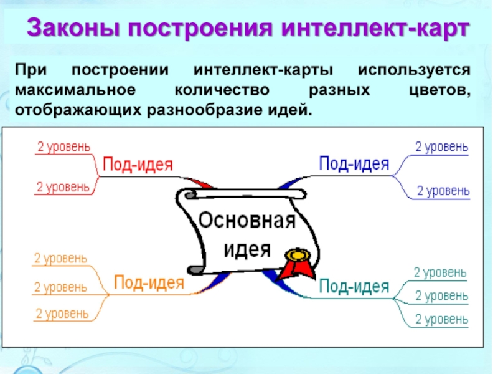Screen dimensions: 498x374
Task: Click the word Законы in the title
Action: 73,27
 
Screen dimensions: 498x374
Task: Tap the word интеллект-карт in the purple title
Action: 375,27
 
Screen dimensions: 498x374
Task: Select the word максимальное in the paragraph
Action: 75,90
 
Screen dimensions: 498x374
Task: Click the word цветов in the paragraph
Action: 439,90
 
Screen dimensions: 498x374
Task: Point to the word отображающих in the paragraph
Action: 78,110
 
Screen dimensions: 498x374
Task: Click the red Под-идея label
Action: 138,165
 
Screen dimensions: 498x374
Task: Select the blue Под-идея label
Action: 354,164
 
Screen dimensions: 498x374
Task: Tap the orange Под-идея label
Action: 149,282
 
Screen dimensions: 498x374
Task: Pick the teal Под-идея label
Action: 354,286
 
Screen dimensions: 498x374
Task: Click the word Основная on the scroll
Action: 247,220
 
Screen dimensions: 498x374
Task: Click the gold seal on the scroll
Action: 298,255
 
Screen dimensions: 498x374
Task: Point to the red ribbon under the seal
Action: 295,271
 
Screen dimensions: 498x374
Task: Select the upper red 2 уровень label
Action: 64,147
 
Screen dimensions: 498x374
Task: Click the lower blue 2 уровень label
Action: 443,191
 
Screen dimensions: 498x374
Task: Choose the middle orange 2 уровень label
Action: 60,287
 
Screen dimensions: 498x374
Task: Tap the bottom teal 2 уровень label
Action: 441,319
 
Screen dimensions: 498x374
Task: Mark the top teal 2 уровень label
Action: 440,272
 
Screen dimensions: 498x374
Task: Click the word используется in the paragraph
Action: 414,70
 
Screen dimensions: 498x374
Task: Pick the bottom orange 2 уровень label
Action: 62,314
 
